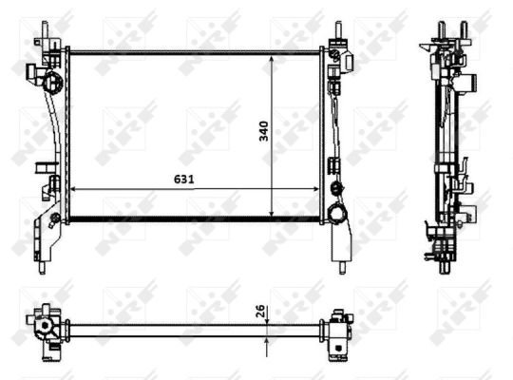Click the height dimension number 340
click(x=264, y=133)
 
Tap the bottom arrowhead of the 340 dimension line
click(x=273, y=214)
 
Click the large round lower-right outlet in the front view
click(x=336, y=214)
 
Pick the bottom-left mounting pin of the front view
click(x=41, y=266)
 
